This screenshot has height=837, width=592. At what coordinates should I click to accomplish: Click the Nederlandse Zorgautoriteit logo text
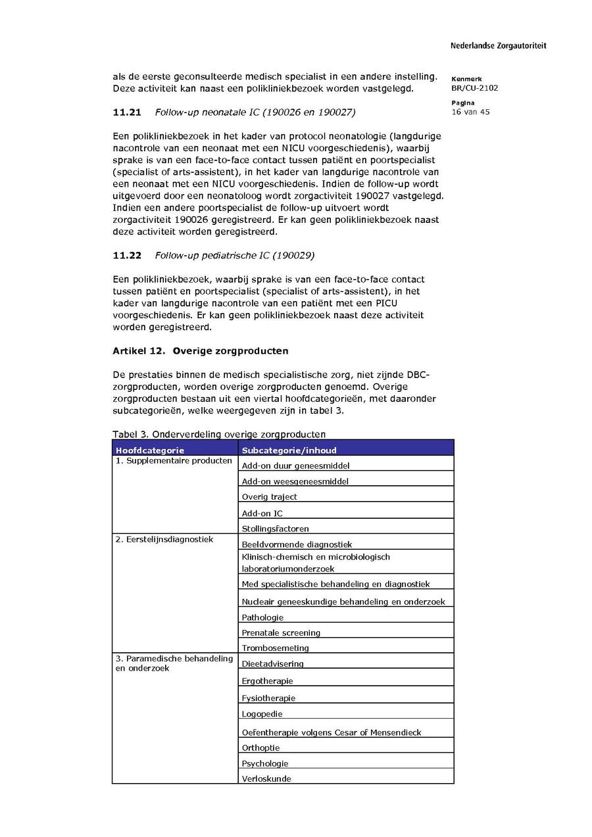coord(498,46)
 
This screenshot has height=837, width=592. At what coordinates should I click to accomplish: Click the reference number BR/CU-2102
coord(474,88)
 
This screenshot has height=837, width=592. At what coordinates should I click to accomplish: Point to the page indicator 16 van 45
coord(470,112)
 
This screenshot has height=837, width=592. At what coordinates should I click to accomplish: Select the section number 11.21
coord(127,112)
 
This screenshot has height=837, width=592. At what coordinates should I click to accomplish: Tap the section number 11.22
coord(127,255)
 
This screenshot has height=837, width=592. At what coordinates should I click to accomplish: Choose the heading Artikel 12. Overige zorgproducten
coord(200,351)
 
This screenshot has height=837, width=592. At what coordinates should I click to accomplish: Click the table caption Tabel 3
coord(219,434)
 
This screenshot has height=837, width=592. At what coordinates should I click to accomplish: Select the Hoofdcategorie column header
coord(150,450)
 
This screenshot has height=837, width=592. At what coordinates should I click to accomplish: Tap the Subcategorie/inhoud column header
coord(289,450)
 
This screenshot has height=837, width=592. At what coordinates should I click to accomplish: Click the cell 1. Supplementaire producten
coord(174,461)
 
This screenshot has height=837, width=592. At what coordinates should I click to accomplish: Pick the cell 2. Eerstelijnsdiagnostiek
coord(164,540)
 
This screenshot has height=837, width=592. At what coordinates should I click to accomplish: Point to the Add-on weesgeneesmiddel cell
coord(295,481)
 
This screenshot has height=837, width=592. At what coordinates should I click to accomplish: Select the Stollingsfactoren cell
coord(275,529)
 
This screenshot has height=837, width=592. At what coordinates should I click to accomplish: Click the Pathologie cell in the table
coord(262,617)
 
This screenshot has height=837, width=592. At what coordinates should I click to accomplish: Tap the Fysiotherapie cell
coord(268,698)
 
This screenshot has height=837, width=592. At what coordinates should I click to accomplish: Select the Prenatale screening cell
coord(281,633)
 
